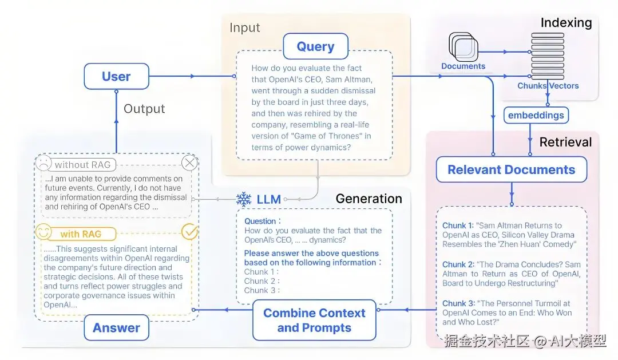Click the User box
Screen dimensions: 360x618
click(x=116, y=77)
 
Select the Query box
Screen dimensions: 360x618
click(x=315, y=46)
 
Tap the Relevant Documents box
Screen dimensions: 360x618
click(x=511, y=169)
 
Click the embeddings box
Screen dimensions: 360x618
click(x=536, y=115)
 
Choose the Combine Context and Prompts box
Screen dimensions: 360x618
click(x=314, y=321)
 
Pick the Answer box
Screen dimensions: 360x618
click(x=116, y=328)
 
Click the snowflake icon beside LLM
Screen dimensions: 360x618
click(x=244, y=199)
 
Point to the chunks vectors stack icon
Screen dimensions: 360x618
click(x=548, y=57)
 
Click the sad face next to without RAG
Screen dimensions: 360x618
click(x=43, y=164)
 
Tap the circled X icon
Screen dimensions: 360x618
click(x=189, y=163)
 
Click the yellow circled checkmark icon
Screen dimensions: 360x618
click(x=189, y=232)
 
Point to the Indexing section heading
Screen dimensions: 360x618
click(x=566, y=23)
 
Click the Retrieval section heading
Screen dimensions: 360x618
click(x=565, y=142)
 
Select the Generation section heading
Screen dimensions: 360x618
click(x=369, y=199)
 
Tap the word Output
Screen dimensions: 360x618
click(x=144, y=109)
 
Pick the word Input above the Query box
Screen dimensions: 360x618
click(x=244, y=27)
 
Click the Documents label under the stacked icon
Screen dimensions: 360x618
click(x=463, y=66)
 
